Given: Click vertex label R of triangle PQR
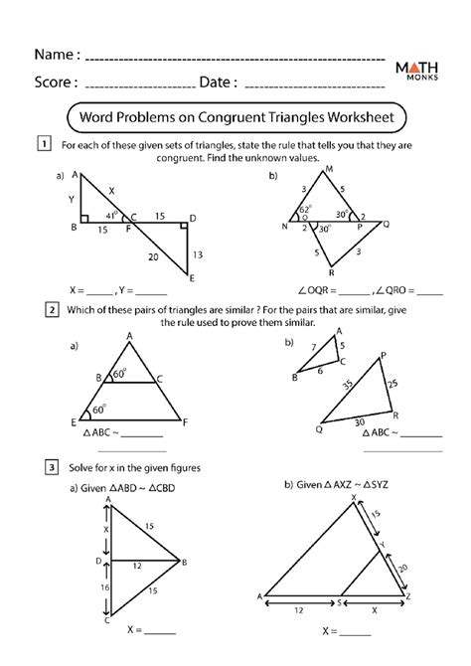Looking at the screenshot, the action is point(394,416).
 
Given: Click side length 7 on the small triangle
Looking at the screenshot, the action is point(311,348).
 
